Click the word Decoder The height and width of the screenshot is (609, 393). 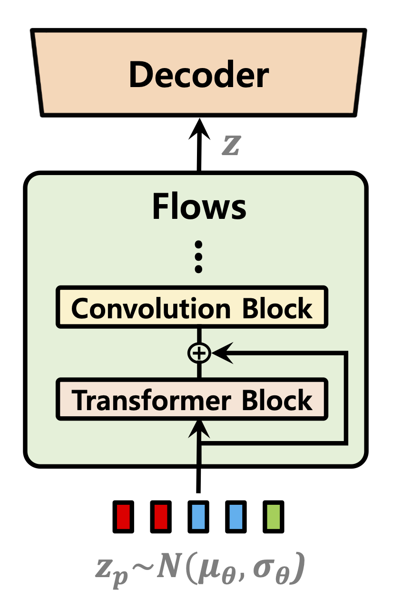click(199, 75)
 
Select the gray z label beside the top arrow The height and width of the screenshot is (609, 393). click(232, 146)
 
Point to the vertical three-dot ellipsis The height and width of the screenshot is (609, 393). click(199, 257)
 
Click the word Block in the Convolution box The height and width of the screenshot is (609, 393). click(277, 308)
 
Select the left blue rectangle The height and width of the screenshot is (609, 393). click(199, 517)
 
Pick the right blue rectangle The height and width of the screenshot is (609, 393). click(236, 517)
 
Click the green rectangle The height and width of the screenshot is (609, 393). click(274, 517)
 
